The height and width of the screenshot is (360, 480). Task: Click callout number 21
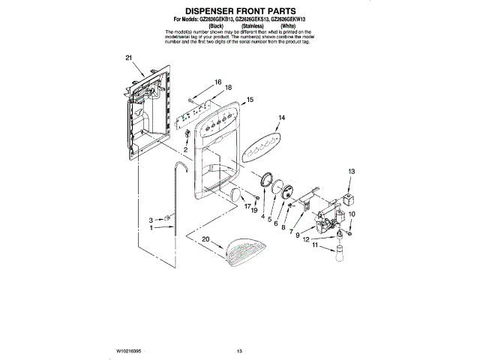128,58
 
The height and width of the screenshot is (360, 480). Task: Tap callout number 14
282,118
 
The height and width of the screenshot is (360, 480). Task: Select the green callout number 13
349,172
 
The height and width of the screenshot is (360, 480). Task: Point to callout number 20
205,239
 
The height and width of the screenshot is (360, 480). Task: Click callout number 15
250,99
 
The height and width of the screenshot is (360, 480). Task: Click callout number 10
354,214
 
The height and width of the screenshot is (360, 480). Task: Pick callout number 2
185,149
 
